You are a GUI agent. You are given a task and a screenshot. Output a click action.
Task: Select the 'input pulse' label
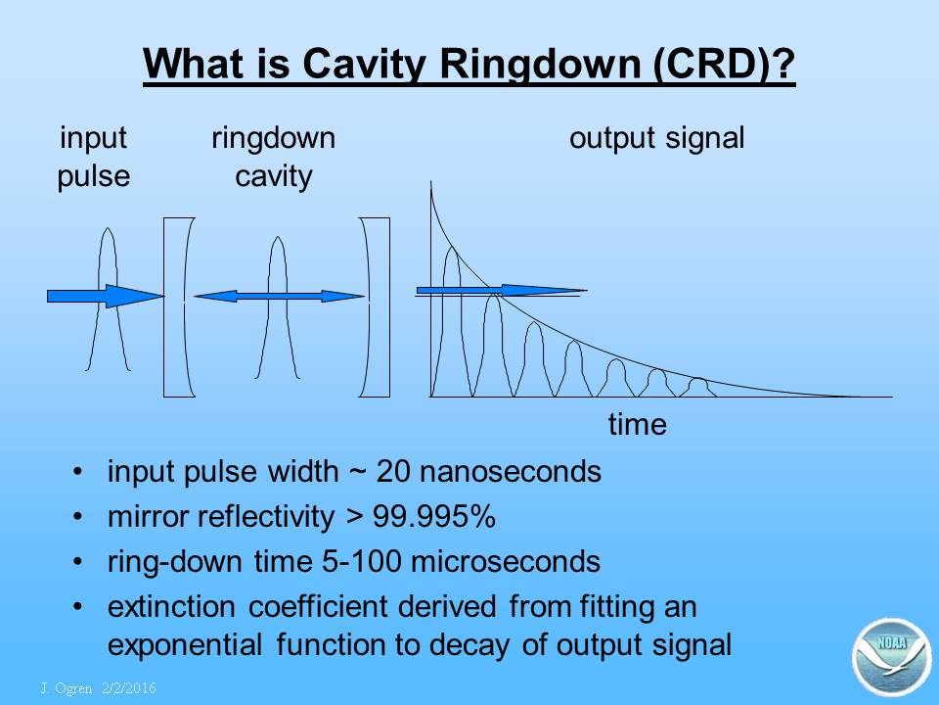(94, 157)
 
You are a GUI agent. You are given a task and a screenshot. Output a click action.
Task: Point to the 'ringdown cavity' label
(274, 157)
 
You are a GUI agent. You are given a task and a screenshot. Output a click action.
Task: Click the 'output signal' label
(657, 139)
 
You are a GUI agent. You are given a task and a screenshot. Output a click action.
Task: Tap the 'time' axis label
(637, 424)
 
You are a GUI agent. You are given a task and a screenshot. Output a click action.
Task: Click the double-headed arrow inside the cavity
(279, 296)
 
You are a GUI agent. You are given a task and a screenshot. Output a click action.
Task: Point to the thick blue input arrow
(106, 296)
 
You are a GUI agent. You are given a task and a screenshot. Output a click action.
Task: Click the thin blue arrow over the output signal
(502, 291)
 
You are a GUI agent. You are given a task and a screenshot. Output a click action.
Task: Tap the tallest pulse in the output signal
(452, 321)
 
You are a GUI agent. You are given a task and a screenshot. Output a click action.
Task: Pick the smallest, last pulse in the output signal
(697, 388)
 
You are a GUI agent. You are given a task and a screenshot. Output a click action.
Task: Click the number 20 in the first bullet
(393, 472)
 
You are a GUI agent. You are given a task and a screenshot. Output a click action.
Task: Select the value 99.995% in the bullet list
(434, 516)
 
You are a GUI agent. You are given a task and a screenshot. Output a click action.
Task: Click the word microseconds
(506, 562)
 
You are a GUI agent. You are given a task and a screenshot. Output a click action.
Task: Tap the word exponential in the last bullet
(185, 645)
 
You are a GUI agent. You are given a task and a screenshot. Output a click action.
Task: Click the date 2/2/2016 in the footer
(129, 687)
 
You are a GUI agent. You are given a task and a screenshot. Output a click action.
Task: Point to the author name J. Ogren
(67, 688)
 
